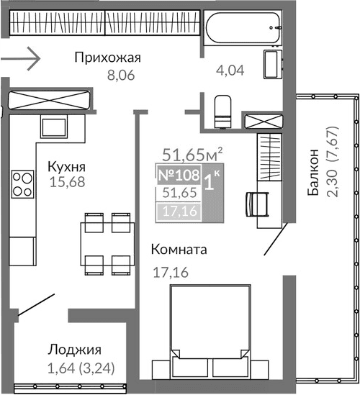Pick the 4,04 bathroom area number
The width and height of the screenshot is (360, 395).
(231, 71)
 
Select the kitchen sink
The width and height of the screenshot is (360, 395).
(53, 128)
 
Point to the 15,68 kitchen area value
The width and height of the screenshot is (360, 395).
(67, 182)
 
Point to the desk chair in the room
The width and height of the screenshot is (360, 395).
(251, 201)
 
